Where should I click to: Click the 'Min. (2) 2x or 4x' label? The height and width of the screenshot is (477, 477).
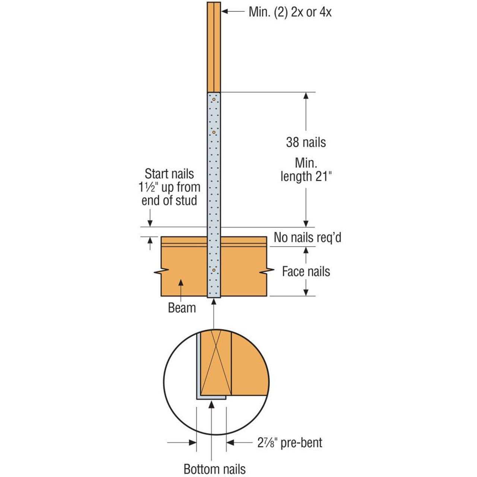290,12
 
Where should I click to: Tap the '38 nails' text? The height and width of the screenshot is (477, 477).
306,142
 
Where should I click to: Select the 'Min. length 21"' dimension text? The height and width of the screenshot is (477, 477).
306,170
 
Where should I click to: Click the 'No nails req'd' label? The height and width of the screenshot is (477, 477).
307,237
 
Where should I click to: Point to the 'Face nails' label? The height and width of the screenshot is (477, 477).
306,271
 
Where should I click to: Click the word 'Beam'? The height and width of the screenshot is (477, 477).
182,308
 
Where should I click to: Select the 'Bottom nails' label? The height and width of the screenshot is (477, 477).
215,469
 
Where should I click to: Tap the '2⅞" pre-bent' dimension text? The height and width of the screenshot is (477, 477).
290,442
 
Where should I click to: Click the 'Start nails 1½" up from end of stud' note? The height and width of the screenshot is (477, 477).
169,187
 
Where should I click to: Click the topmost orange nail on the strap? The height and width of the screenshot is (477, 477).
214,99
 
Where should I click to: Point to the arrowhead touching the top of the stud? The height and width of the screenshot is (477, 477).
225,12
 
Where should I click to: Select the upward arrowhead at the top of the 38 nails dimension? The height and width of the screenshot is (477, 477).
306,95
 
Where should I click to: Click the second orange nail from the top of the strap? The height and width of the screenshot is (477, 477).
214,132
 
